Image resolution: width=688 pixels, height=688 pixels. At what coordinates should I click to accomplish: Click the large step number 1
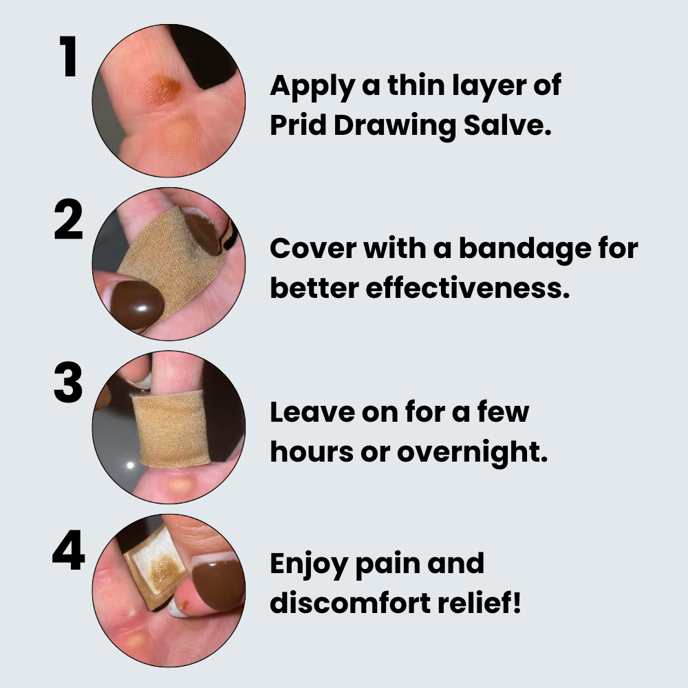(69, 56)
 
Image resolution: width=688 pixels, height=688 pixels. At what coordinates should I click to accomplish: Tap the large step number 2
(68, 219)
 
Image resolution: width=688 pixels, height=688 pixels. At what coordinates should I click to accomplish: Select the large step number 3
(68, 383)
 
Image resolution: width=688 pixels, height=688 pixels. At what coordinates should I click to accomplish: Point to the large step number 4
(68, 550)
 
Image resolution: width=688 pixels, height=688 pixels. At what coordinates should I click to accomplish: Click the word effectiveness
(468, 288)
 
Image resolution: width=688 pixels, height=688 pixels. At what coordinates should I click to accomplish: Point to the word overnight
(473, 453)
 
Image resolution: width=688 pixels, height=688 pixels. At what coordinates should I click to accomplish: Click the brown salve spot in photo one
(163, 90)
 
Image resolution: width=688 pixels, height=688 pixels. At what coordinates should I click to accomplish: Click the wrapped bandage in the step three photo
(170, 429)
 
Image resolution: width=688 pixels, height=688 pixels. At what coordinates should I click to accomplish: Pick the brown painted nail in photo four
(218, 580)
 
